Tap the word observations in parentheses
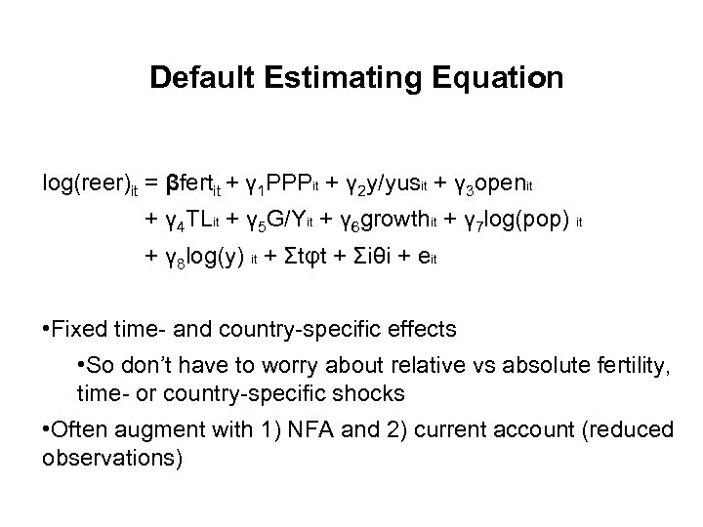pos(111,457)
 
